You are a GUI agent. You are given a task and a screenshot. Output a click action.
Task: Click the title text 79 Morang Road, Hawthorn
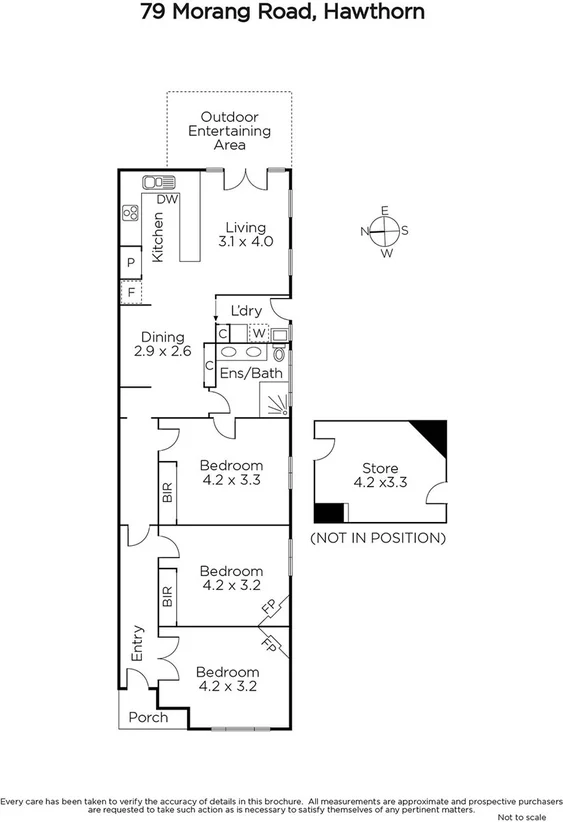[282, 13]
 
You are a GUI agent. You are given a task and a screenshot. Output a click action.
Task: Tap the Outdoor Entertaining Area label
[230, 131]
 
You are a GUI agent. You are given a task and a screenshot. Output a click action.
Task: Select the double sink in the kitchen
[158, 182]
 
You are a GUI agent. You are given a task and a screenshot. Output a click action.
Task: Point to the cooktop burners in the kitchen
[129, 213]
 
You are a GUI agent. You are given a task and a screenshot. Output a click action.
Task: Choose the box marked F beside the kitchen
[131, 292]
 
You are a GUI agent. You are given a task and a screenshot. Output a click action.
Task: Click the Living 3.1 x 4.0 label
[246, 235]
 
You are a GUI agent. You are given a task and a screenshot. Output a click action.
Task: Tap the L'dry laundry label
[245, 311]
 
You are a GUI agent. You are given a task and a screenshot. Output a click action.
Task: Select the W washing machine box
[258, 333]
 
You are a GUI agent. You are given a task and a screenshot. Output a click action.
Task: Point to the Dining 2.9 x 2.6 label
[162, 344]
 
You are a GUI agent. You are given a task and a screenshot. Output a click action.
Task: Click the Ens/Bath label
[250, 374]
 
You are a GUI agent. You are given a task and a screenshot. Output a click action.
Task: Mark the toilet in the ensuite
[279, 355]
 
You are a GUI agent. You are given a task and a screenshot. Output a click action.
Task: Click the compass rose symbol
[385, 231]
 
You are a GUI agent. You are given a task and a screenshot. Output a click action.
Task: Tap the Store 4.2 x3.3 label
[379, 475]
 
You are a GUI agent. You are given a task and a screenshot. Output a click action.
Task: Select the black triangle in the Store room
[432, 435]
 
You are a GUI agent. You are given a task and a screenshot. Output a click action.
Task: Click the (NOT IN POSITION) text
[377, 538]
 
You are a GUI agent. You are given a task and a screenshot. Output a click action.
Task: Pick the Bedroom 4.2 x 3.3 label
[230, 472]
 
